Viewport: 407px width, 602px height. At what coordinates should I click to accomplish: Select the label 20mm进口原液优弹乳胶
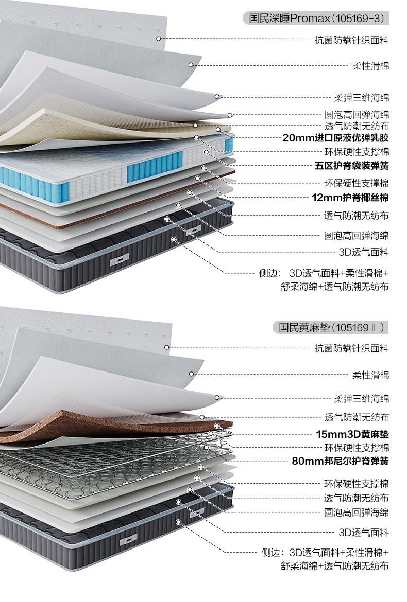point(335,138)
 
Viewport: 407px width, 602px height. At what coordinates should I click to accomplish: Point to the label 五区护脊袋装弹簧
point(352,166)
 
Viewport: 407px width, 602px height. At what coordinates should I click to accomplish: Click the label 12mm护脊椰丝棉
point(350,198)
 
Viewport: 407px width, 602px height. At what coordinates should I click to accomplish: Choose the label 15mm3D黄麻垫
point(352,434)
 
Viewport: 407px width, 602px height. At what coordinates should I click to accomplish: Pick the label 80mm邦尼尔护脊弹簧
point(340,461)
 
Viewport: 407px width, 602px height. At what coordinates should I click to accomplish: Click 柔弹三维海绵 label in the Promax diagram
point(361,97)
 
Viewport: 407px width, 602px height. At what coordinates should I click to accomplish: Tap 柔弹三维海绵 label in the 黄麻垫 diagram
point(361,398)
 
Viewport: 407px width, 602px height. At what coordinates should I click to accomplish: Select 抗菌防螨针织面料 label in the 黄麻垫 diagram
point(352,348)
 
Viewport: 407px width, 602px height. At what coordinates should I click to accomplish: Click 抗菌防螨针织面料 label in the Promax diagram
point(352,39)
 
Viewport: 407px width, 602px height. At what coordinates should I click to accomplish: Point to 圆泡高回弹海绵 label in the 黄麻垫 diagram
point(357,512)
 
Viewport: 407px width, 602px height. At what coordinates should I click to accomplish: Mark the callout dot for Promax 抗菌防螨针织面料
point(159,39)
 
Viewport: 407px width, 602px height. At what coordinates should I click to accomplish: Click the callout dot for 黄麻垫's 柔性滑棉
point(191,374)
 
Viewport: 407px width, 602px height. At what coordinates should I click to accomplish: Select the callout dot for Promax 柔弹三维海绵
point(217,96)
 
